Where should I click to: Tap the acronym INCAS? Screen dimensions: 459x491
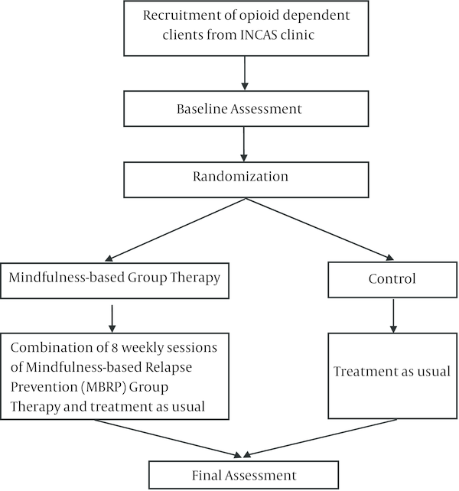click(x=259, y=34)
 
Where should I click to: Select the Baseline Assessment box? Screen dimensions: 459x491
click(x=246, y=109)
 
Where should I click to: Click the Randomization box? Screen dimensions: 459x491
click(x=246, y=180)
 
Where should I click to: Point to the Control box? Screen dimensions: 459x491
click(x=392, y=280)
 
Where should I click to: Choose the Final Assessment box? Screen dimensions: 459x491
click(x=243, y=475)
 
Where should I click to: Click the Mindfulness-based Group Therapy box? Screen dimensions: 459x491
click(x=115, y=281)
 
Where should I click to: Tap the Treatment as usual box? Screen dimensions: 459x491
click(x=392, y=376)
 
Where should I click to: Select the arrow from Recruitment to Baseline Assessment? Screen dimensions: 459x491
click(x=245, y=73)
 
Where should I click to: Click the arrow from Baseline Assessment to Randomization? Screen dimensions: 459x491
click(x=244, y=144)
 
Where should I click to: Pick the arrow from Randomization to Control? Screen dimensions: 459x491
click(x=319, y=229)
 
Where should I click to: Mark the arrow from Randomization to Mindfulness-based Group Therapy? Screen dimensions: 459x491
click(x=175, y=229)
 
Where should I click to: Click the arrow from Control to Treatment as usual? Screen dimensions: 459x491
click(x=393, y=316)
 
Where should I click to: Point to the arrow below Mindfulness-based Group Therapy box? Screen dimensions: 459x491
click(x=112, y=319)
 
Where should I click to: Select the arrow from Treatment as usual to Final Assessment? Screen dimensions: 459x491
click(x=321, y=437)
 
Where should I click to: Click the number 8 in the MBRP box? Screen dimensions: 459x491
click(x=115, y=348)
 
